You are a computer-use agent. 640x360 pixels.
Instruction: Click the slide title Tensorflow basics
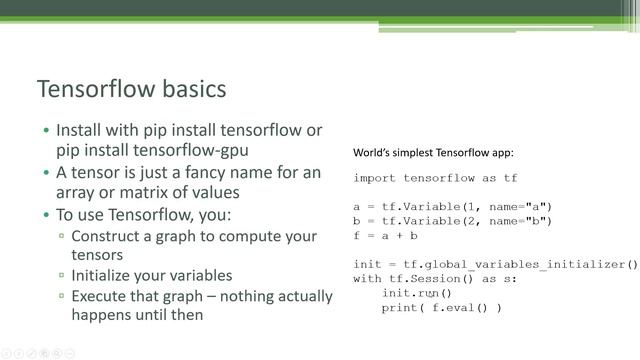click(131, 89)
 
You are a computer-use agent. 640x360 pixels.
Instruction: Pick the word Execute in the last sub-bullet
click(100, 295)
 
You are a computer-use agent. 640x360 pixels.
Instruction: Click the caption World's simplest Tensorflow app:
click(433, 154)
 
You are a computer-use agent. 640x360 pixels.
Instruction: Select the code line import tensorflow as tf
click(435, 178)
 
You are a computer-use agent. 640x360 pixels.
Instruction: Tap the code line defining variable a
click(452, 207)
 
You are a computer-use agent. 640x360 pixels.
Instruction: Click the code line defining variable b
click(452, 221)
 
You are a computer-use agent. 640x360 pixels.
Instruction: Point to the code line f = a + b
click(385, 236)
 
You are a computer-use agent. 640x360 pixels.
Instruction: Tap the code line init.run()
click(417, 294)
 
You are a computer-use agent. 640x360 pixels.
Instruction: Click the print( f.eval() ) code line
click(441, 308)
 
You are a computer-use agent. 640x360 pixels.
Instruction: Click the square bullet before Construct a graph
click(62, 236)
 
